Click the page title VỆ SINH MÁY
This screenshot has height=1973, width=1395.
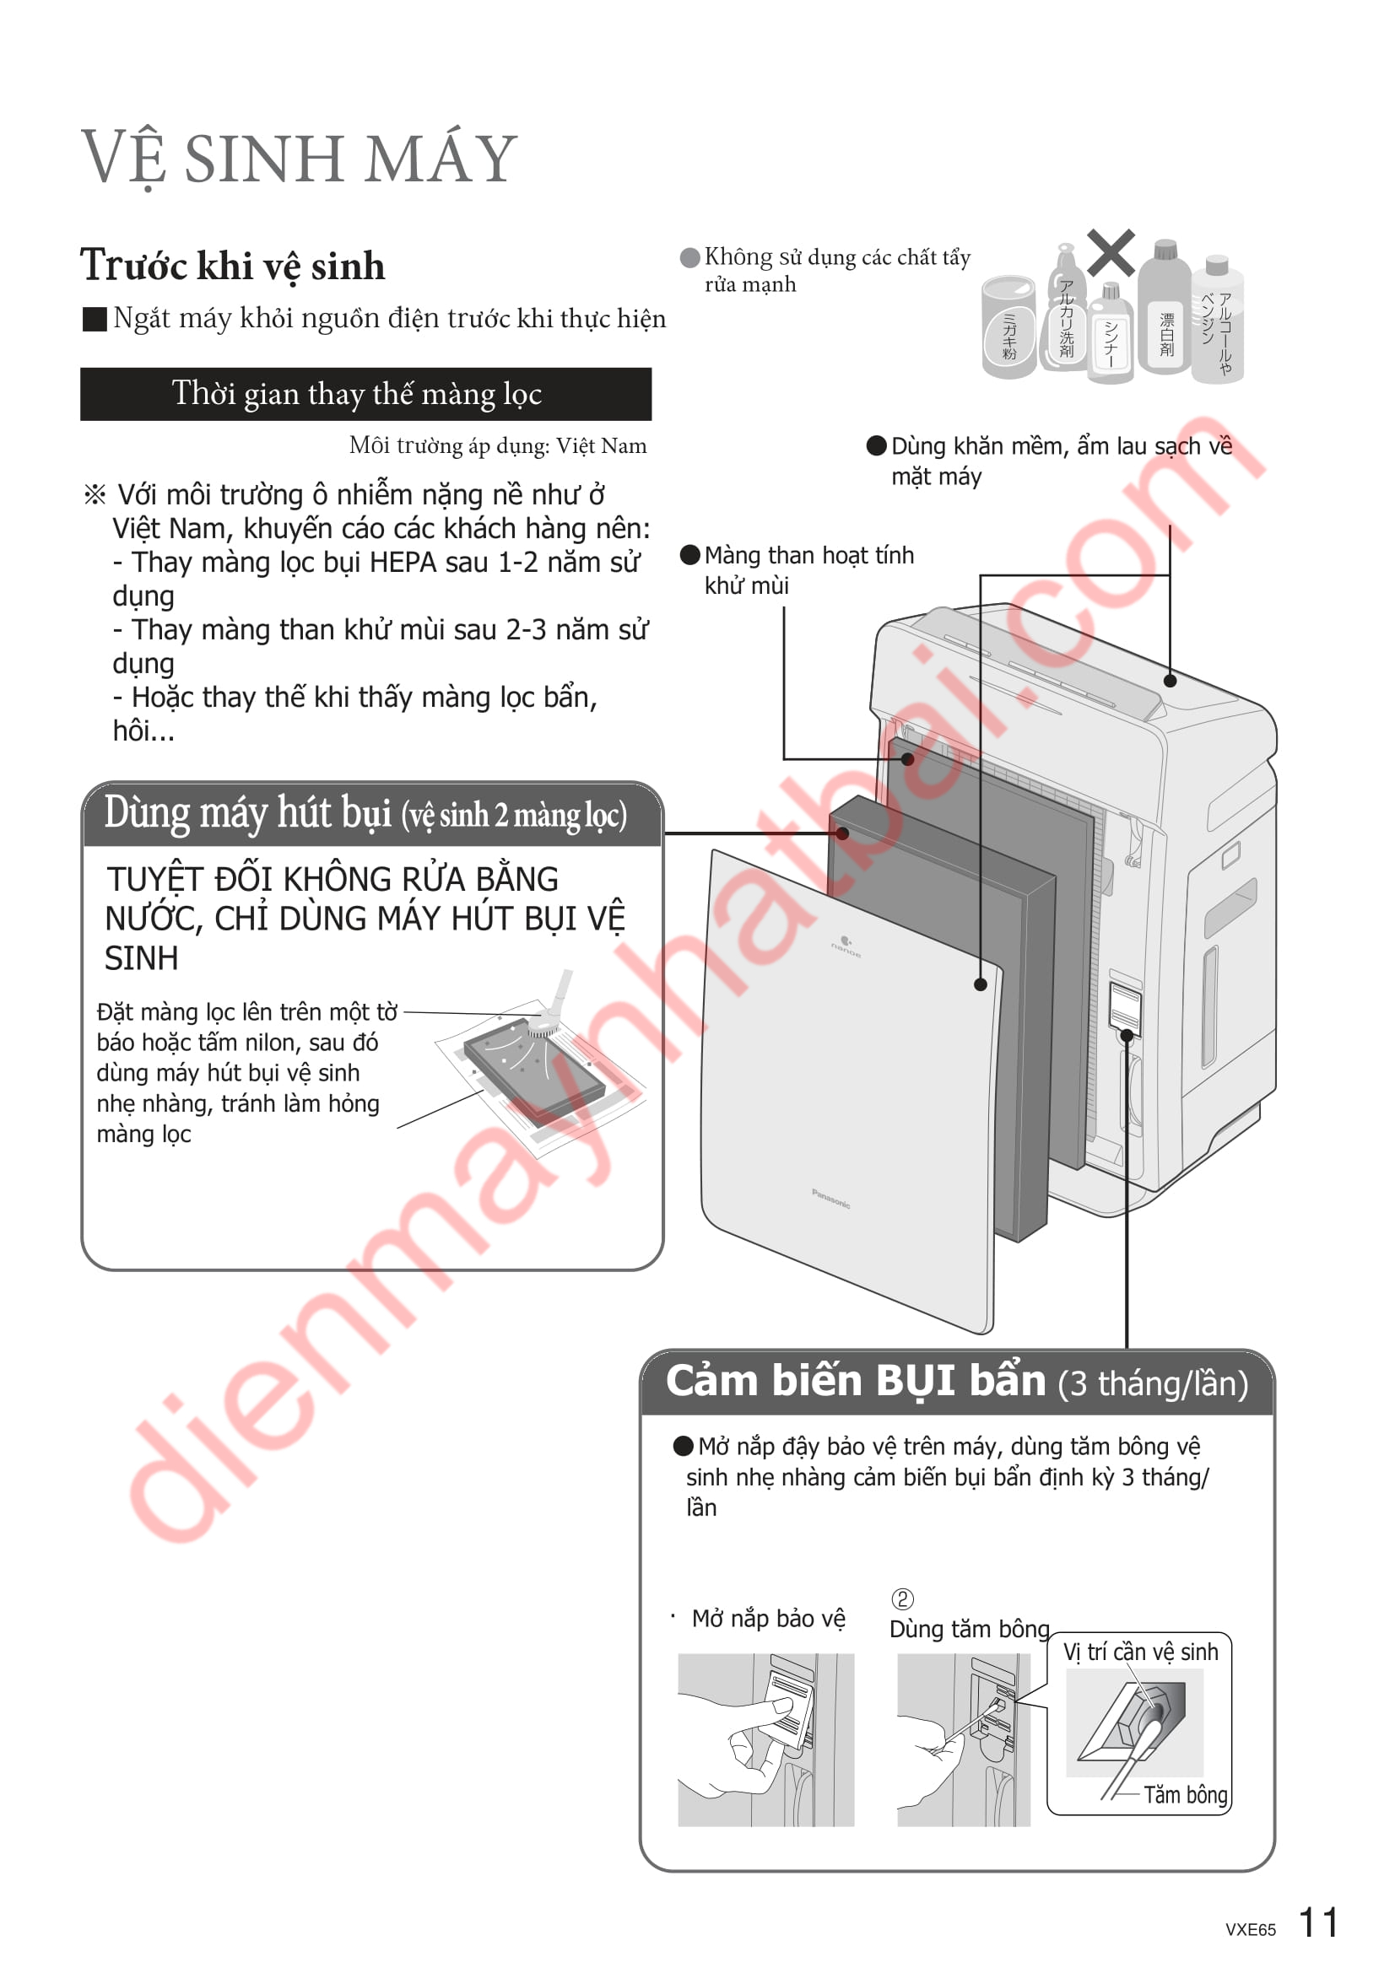299,159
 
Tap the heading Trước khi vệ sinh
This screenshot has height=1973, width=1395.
232,266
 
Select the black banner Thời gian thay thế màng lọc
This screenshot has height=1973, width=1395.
365,395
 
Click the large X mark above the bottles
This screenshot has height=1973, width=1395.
1111,253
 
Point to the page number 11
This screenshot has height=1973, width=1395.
1317,1922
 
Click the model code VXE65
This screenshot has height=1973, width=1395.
1251,1929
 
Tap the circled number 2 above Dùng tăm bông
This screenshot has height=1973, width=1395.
902,1599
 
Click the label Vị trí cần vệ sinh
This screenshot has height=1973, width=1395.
1141,1652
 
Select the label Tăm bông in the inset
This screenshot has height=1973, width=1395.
1185,1795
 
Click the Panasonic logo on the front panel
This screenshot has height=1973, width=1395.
831,1199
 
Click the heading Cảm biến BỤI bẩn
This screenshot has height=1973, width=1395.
856,1382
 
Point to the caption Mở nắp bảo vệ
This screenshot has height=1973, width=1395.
769,1619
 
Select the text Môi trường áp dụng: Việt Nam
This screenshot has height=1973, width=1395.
498,446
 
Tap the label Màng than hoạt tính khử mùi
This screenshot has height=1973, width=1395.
808,570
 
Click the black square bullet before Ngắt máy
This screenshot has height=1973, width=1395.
94,320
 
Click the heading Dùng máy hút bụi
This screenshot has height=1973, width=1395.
365,813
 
